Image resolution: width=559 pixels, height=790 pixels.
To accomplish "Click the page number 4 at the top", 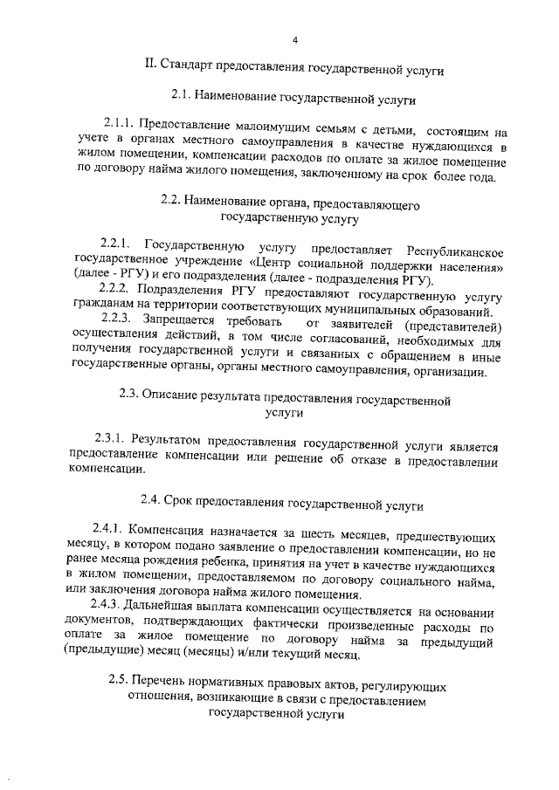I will [x=294, y=40].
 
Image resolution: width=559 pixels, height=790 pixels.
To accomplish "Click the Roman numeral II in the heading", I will [x=151, y=65].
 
